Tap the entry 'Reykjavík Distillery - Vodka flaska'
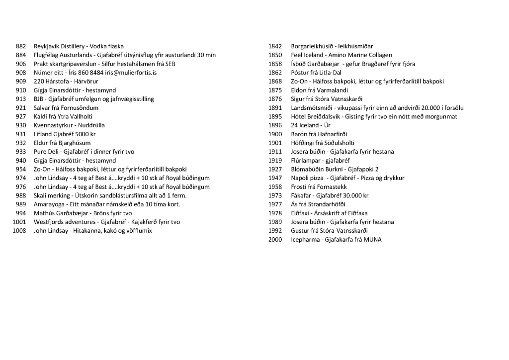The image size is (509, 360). tap(79, 46)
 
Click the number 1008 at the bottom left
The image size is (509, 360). tap(19, 231)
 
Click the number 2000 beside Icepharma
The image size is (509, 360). tap(275, 240)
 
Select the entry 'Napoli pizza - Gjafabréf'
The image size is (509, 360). tap(347, 178)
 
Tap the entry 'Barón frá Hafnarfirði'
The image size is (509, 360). tap(319, 134)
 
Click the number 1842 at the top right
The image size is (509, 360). tap(275, 46)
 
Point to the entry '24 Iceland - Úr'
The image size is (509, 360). tap(311, 125)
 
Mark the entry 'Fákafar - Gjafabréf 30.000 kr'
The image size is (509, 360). tap(330, 195)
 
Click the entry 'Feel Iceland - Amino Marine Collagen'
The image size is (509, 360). tap(341, 55)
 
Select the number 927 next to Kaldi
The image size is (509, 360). tap(20, 116)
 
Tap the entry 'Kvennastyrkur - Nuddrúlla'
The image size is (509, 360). tap(69, 125)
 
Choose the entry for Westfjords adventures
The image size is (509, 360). tap(106, 222)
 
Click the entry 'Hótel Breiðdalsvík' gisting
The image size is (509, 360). tap(374, 116)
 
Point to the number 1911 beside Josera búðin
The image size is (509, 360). tap(275, 152)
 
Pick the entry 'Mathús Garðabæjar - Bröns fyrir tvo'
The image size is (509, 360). tap(83, 213)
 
